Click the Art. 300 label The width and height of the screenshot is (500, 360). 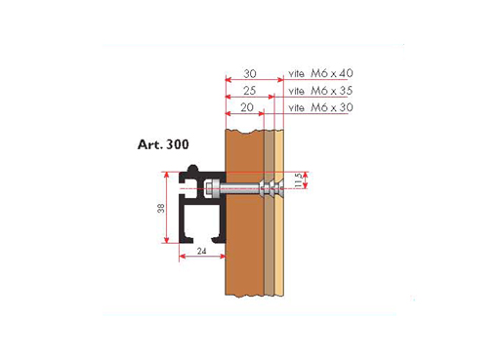tap(163, 144)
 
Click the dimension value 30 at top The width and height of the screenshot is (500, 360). tap(250, 74)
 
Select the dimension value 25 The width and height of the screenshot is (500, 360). tap(249, 91)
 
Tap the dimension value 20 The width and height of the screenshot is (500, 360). tap(247, 107)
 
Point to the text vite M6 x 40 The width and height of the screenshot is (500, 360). tap(320, 73)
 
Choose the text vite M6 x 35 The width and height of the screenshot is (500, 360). tap(320, 91)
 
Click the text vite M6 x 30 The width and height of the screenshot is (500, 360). tap(320, 107)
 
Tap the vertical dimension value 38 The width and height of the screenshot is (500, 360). tap(161, 208)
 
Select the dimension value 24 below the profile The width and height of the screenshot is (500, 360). tap(201, 251)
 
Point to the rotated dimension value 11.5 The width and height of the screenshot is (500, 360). tap(298, 180)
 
